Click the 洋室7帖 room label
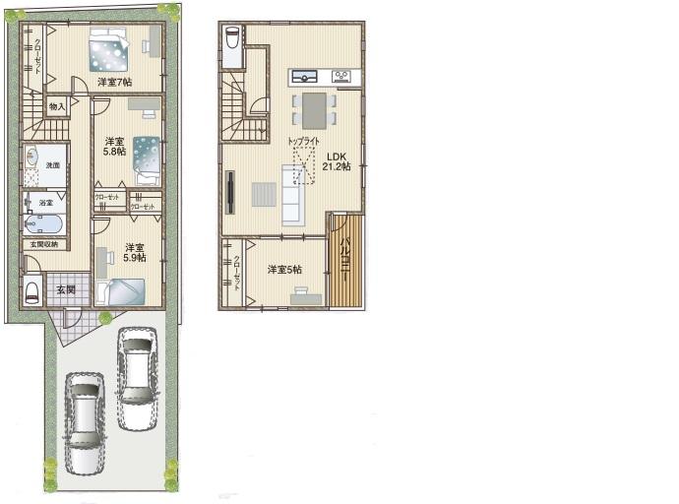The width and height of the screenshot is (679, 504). (114, 81)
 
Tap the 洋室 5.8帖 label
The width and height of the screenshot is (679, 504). (114, 146)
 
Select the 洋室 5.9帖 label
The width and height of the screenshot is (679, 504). (135, 252)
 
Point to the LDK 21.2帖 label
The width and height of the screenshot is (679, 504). (338, 161)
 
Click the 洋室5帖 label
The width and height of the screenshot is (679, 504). (285, 269)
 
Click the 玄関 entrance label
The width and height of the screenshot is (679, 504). (66, 289)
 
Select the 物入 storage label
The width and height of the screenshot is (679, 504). (56, 105)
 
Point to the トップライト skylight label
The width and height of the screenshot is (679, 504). (304, 142)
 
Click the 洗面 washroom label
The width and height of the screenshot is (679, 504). (52, 165)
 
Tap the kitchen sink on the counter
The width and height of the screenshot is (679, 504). (303, 76)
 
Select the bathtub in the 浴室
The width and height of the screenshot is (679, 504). (44, 223)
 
